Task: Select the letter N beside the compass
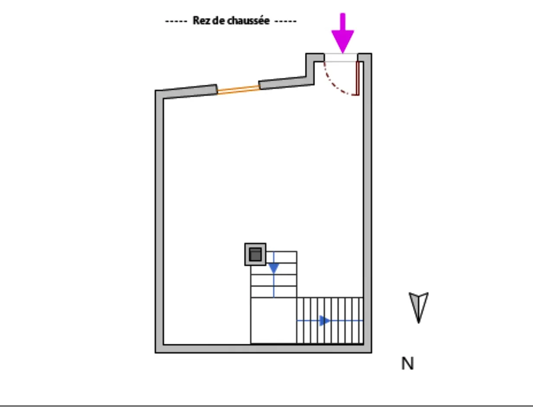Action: pyautogui.click(x=407, y=364)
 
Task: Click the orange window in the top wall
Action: pyautogui.click(x=238, y=89)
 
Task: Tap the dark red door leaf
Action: pyautogui.click(x=358, y=78)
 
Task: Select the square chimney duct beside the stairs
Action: pyautogui.click(x=255, y=254)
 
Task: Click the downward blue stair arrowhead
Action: pyautogui.click(x=273, y=268)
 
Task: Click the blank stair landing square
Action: pyautogui.click(x=273, y=320)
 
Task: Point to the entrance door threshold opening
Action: pyautogui.click(x=341, y=58)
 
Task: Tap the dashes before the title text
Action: pyautogui.click(x=176, y=21)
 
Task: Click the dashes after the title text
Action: pyautogui.click(x=286, y=21)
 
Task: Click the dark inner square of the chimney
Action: pyautogui.click(x=255, y=255)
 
